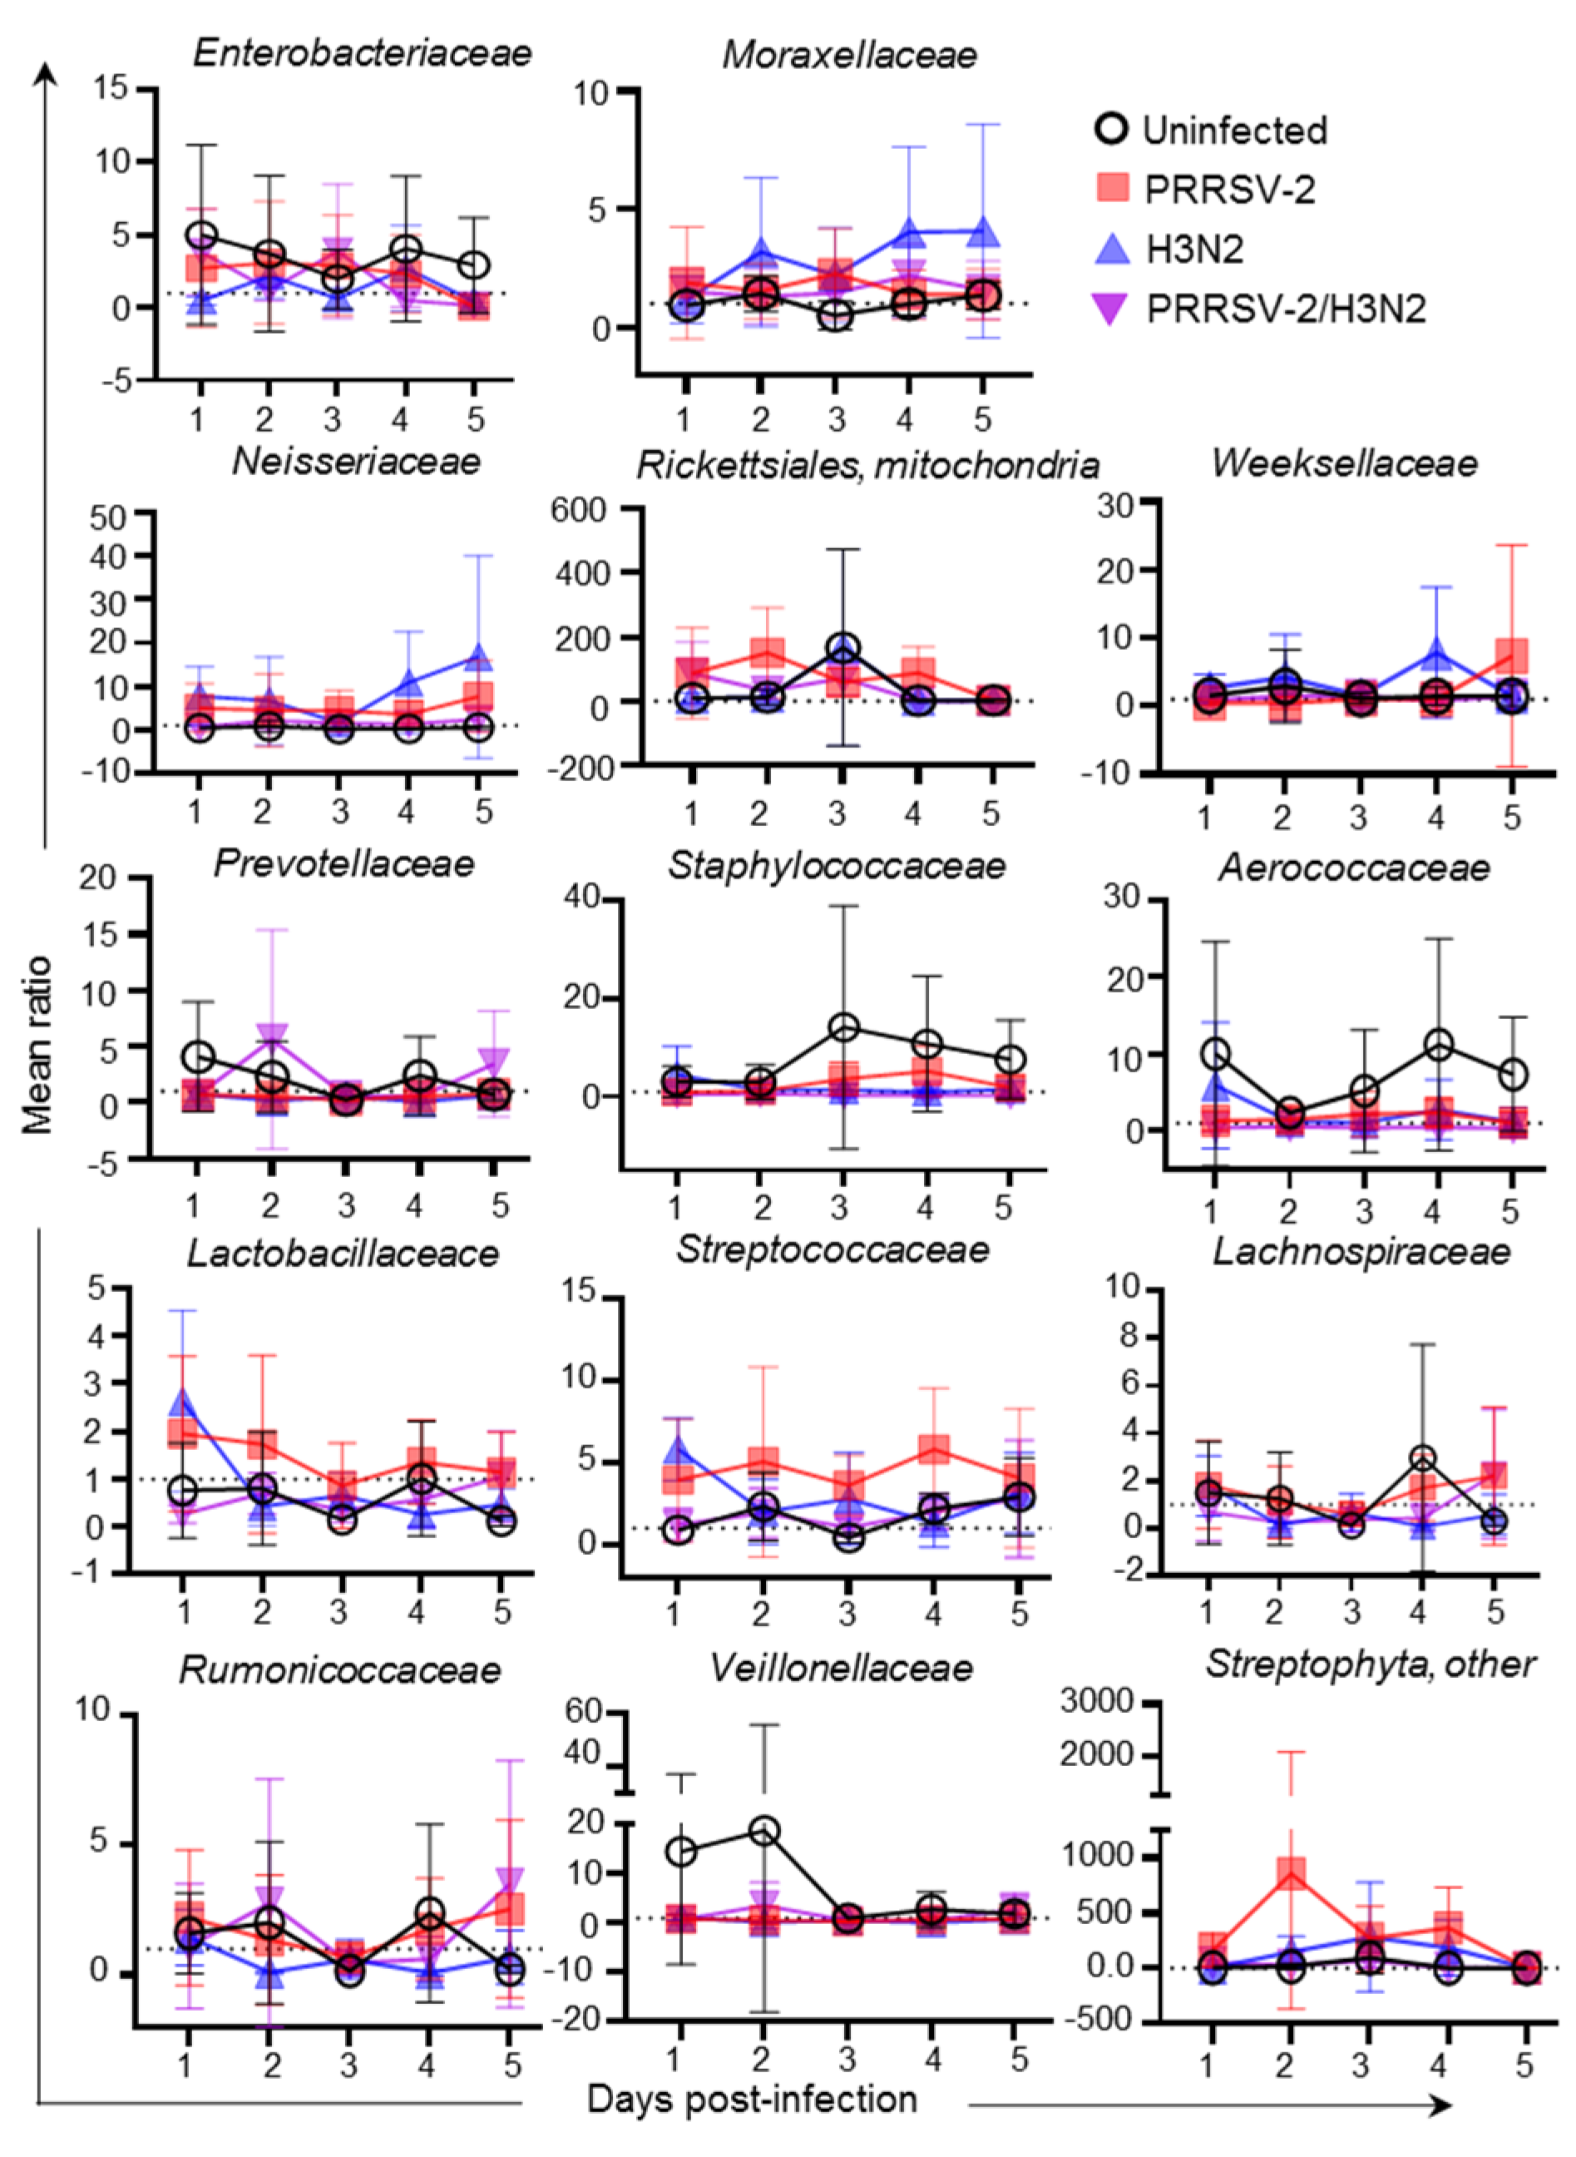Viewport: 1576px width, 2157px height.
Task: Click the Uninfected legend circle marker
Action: (x=1111, y=129)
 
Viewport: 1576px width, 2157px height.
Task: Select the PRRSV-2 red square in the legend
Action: (x=1111, y=188)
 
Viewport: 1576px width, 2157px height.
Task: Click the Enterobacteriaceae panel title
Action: (x=362, y=52)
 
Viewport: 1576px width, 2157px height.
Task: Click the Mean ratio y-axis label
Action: (x=37, y=1044)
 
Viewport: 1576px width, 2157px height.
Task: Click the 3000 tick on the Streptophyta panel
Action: (x=1096, y=1701)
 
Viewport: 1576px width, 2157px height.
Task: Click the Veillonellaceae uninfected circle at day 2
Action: (x=763, y=1831)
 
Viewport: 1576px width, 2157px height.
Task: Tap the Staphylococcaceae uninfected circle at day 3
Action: (x=843, y=1027)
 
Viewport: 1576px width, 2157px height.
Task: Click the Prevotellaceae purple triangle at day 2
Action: (x=272, y=1036)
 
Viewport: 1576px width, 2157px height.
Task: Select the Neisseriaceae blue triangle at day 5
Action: (x=480, y=656)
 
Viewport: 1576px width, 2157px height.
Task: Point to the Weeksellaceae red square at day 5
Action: (x=1512, y=656)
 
